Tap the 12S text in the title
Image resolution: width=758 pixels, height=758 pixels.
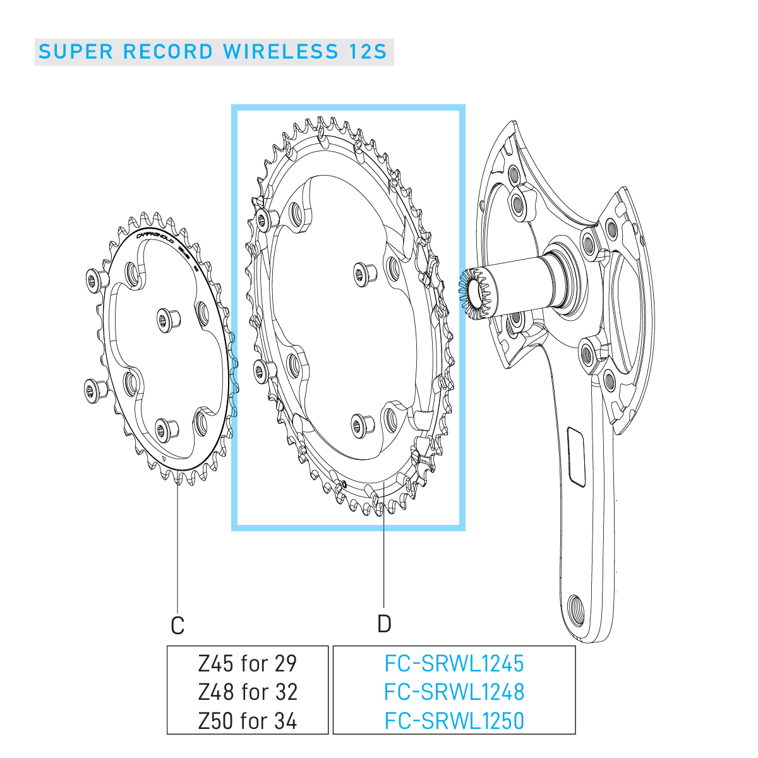pyautogui.click(x=366, y=52)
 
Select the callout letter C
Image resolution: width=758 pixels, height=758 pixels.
pyautogui.click(x=177, y=626)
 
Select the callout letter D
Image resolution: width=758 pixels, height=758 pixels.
pyautogui.click(x=384, y=624)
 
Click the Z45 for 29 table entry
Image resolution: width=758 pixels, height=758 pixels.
pyautogui.click(x=248, y=663)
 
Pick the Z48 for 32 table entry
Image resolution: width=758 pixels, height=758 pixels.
pyautogui.click(x=248, y=692)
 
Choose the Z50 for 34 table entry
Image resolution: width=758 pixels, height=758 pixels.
pyautogui.click(x=248, y=721)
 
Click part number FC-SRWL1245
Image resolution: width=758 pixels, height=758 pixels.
pyautogui.click(x=454, y=663)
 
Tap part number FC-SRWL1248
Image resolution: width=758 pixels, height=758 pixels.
pyautogui.click(x=454, y=692)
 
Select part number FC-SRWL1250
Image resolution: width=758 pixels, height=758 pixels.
pyautogui.click(x=454, y=721)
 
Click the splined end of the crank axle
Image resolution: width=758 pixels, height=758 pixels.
pyautogui.click(x=472, y=292)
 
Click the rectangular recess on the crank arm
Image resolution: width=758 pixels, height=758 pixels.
pyautogui.click(x=577, y=457)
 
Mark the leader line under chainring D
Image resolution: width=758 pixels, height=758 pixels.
pyautogui.click(x=384, y=556)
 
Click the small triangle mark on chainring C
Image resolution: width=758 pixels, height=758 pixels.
pyautogui.click(x=162, y=459)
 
